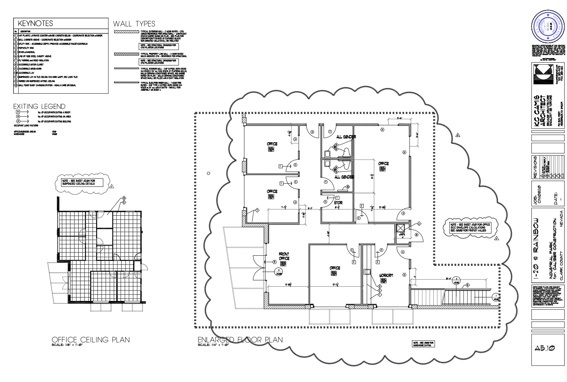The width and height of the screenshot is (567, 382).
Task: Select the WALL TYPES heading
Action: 134,24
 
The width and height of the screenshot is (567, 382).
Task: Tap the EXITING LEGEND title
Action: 39,106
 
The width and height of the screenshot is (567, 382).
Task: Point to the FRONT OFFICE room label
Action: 284,256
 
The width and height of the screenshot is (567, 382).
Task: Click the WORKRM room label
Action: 386,276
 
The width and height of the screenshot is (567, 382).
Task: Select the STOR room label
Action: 338,202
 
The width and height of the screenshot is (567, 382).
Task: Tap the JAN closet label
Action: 401,234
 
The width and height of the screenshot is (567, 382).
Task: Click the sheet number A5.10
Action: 545,348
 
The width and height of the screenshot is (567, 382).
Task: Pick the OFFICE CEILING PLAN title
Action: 90,340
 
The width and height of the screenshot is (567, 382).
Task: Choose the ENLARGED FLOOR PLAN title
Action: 240,340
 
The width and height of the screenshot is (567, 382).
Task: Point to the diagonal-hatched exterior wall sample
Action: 126,32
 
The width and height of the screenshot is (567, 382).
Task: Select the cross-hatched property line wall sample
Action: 126,54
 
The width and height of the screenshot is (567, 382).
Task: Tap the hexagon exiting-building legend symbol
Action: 18,121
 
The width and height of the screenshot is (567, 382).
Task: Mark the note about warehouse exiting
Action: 423,344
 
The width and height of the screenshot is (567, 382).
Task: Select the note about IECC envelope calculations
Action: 470,228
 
